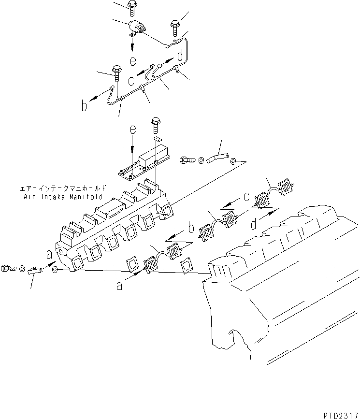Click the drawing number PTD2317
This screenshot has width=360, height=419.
(338, 414)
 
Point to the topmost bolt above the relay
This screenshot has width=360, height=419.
(132, 6)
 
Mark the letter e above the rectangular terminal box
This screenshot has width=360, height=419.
(133, 131)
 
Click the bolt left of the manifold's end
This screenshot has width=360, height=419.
(9, 267)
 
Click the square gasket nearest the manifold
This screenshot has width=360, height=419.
(132, 264)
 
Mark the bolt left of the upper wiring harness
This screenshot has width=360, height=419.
(116, 72)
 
